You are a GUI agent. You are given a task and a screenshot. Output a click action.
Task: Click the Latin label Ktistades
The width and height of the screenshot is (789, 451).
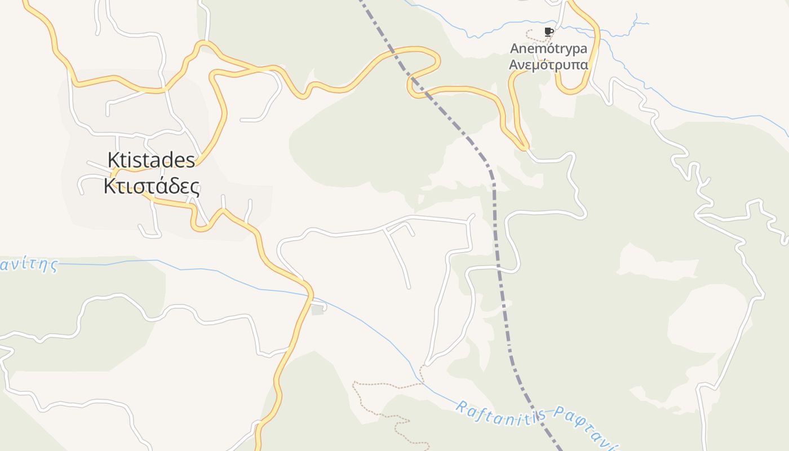coord(152,160)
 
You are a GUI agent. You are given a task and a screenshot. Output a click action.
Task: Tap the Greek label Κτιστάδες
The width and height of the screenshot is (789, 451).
coord(152,186)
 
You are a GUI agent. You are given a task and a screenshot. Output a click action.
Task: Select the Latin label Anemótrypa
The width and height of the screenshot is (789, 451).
coord(548,48)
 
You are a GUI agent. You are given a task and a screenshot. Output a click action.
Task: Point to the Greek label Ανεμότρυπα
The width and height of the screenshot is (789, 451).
coord(548,65)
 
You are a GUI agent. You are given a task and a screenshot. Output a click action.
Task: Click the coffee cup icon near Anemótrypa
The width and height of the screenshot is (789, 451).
coord(548,32)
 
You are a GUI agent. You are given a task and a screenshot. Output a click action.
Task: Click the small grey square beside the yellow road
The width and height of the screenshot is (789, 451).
coord(318,309)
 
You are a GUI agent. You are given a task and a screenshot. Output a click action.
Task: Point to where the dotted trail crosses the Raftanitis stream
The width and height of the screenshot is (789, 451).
coord(422,381)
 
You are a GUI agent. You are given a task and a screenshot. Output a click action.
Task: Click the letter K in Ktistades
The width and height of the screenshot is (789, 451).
coord(113,160)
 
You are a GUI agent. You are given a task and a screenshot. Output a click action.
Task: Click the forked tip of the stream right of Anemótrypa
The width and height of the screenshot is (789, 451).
coord(637,20)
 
